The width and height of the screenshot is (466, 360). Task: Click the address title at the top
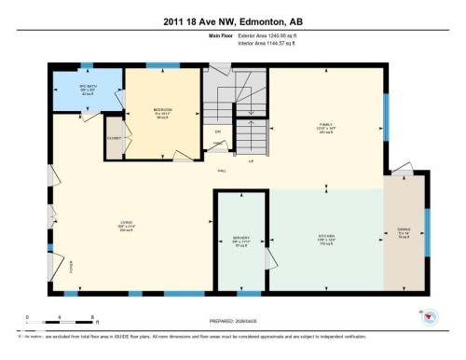(232, 21)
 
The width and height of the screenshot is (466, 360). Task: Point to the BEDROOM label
(163, 110)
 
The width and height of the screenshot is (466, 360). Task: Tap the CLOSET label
(114, 137)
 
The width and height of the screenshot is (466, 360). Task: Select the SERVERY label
(241, 237)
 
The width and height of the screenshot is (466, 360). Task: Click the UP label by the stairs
(250, 161)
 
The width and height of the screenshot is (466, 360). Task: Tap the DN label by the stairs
(218, 132)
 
